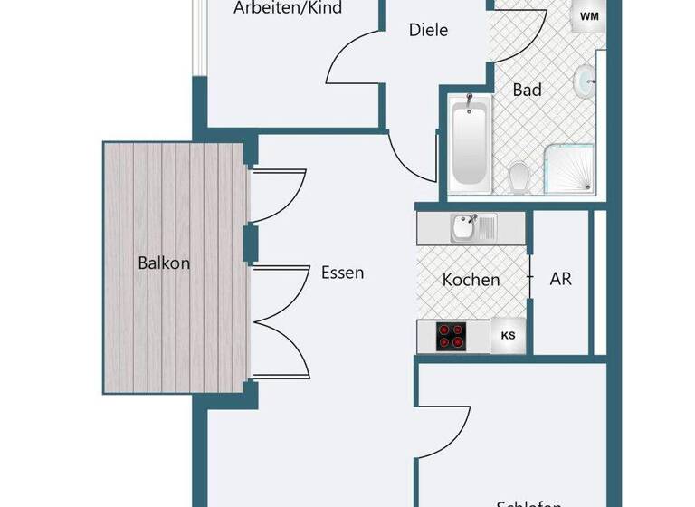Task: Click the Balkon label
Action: (164, 263)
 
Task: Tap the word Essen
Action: (342, 272)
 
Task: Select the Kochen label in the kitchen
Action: (471, 280)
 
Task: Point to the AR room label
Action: (560, 279)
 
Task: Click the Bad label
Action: (527, 90)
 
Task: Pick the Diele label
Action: (428, 30)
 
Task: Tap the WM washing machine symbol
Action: (588, 16)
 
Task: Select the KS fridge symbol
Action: (509, 336)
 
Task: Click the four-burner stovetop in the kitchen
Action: (452, 336)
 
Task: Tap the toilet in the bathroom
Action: (519, 177)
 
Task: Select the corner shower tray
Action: (569, 169)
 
